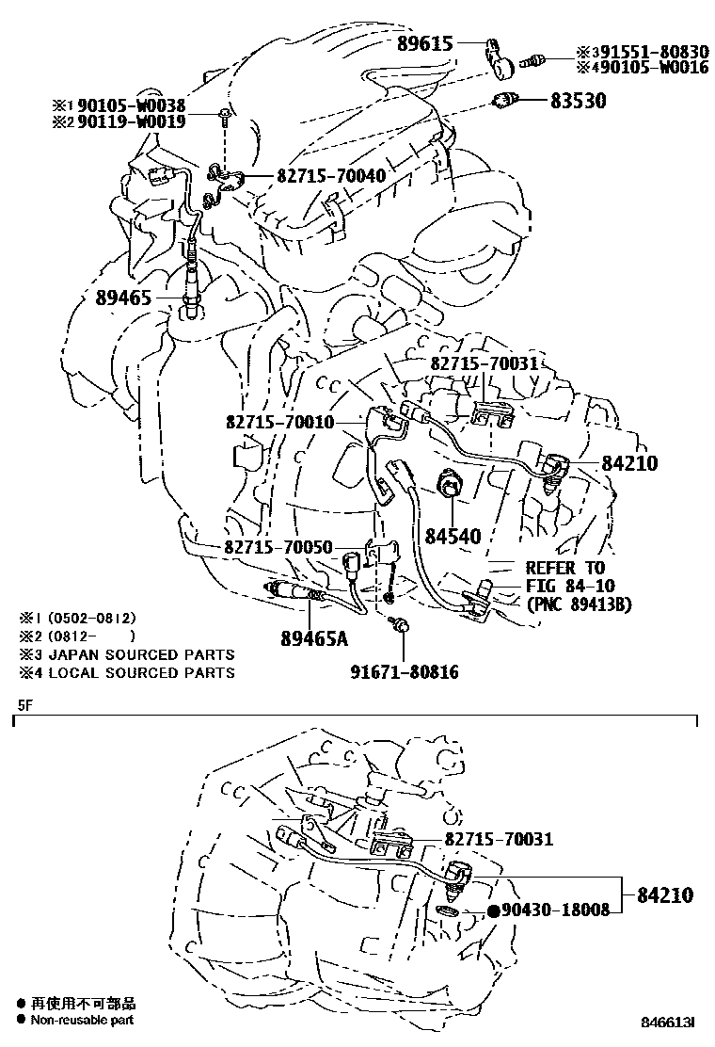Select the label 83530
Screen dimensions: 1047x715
pos(579,99)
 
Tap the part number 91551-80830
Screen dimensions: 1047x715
pos(650,52)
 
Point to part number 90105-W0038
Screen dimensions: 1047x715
pos(138,105)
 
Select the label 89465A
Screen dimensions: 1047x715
pos(314,638)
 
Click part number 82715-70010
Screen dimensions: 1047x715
pos(279,422)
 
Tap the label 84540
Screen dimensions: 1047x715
pos(453,537)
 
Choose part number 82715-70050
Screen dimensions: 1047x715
pos(278,547)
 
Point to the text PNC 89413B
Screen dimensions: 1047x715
pos(579,604)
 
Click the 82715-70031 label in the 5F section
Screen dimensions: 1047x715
pos(498,838)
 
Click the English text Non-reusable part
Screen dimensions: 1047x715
pos(83,1020)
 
